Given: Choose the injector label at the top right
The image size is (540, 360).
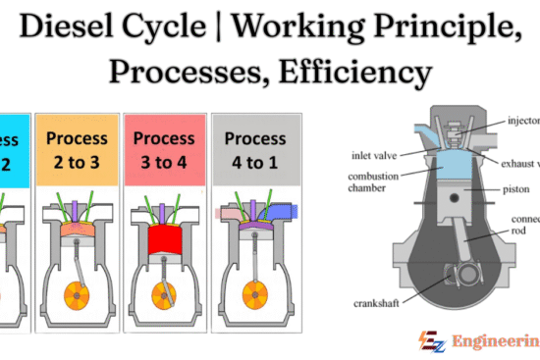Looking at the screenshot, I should tap(524, 123).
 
